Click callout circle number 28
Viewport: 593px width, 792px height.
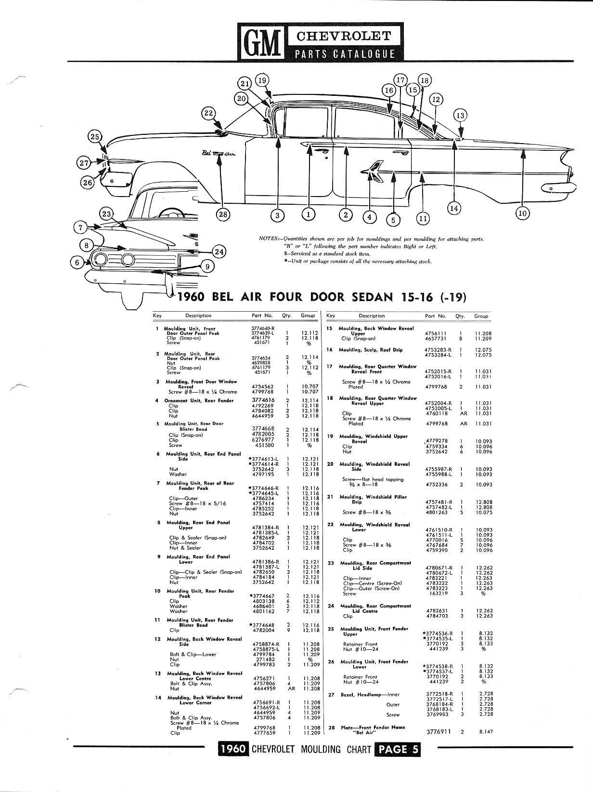tap(223, 214)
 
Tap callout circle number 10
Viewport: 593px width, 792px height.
tap(522, 213)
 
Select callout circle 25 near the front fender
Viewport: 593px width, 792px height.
tap(94, 137)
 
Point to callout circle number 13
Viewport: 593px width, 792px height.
tap(460, 116)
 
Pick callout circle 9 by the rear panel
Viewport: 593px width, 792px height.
tap(207, 266)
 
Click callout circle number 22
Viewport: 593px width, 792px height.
tap(208, 113)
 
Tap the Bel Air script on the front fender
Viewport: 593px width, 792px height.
tap(219, 154)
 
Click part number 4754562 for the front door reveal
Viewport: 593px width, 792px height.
tap(262, 386)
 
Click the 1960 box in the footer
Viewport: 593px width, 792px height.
tap(233, 749)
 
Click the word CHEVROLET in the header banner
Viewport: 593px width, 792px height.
tap(344, 36)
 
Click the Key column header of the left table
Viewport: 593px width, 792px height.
tap(157, 316)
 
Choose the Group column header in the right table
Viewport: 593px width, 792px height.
tap(481, 316)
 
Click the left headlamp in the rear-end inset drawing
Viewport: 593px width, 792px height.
tap(100, 259)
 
